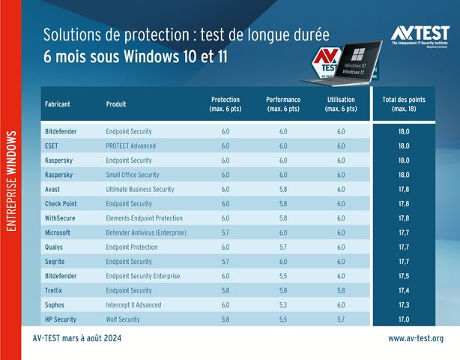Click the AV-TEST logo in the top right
click(420, 35)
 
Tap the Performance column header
click(283, 104)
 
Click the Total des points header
click(404, 104)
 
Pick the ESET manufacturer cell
click(52, 145)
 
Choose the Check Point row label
click(61, 203)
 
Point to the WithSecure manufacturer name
click(62, 218)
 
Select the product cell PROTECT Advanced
click(131, 145)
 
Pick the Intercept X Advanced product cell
click(134, 305)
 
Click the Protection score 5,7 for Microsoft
click(226, 232)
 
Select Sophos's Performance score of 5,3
click(283, 305)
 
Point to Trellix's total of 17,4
click(404, 290)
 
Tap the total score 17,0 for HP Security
click(404, 319)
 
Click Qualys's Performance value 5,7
click(283, 247)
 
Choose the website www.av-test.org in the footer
click(416, 339)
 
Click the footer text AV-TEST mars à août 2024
click(77, 339)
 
